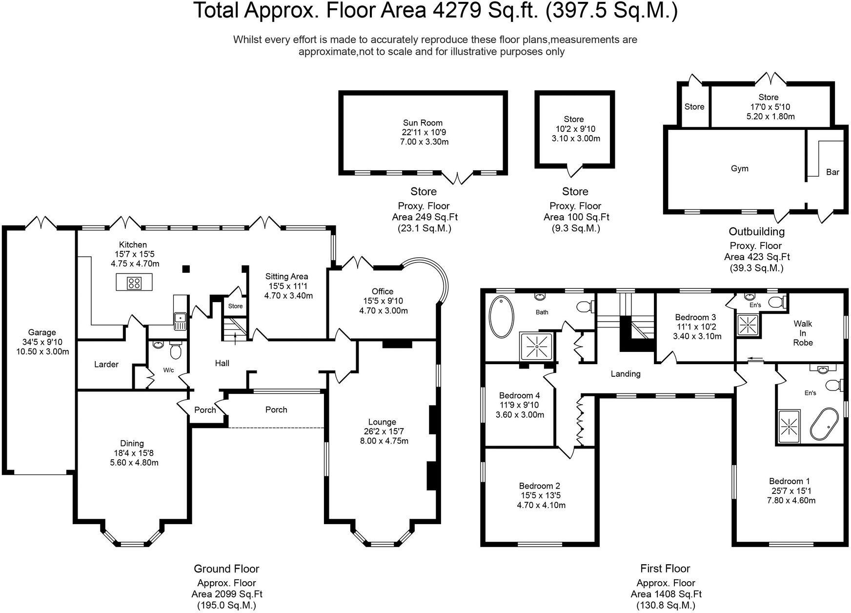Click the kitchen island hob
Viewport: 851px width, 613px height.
[x=134, y=283]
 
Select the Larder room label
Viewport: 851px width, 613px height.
[x=106, y=364]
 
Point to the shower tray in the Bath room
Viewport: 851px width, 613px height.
[x=536, y=346]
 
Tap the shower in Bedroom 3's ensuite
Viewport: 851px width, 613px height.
[x=746, y=325]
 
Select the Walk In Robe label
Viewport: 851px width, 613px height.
[x=803, y=333]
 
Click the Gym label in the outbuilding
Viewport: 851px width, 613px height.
[x=739, y=168]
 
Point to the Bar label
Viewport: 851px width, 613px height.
[x=832, y=172]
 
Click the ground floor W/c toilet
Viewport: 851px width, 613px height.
[x=175, y=350]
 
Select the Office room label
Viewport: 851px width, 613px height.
[x=382, y=291]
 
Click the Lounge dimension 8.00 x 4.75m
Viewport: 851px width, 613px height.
[x=382, y=441]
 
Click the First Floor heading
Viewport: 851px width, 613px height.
[x=665, y=568]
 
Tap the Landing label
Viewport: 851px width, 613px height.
[x=625, y=374]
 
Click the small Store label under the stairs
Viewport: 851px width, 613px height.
[x=235, y=306]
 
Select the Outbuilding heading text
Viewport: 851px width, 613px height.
[x=756, y=231]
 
